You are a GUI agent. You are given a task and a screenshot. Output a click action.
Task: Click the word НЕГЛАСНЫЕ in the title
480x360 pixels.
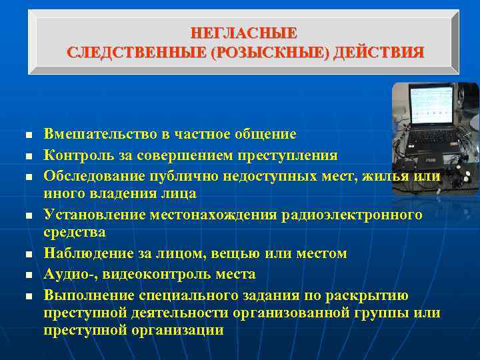pos(244,33)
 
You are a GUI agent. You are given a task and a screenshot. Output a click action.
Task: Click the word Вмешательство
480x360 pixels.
pos(99,134)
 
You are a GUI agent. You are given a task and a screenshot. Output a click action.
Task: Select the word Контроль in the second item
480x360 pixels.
pos(73,155)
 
